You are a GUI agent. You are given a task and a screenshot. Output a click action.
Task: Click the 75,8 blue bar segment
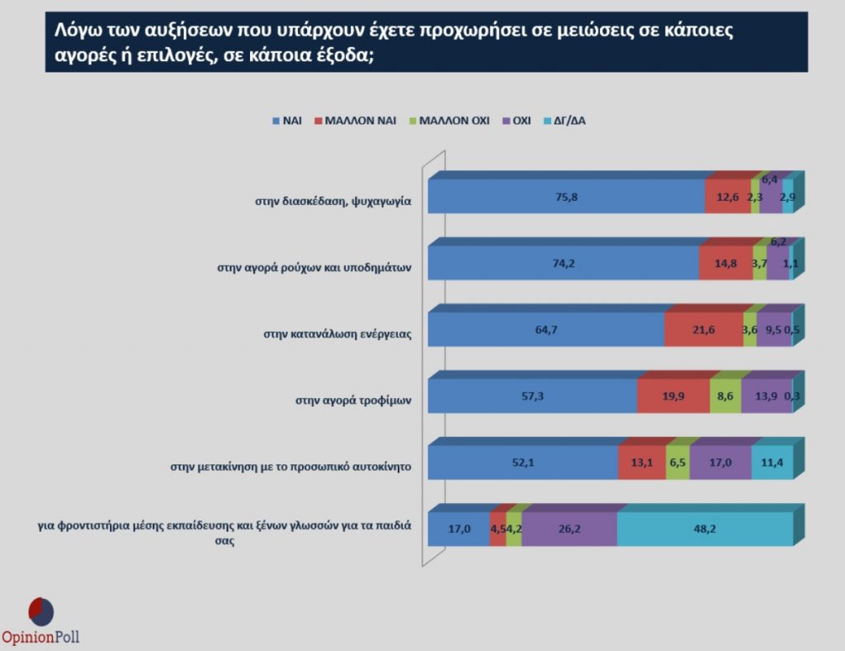[566, 197]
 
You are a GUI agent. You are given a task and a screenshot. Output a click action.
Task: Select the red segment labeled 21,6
[703, 330]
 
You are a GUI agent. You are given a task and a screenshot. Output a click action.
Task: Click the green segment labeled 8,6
[725, 397]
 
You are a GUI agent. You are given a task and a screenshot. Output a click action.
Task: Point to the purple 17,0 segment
[720, 463]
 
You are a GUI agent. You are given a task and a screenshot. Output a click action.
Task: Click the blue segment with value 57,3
[532, 397]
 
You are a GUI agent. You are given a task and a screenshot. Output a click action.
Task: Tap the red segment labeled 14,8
[725, 264]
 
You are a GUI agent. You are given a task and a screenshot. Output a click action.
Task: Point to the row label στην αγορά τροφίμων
[353, 402]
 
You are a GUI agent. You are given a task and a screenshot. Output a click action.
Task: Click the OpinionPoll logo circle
[41, 611]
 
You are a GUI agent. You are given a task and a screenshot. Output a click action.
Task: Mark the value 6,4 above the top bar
[769, 178]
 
